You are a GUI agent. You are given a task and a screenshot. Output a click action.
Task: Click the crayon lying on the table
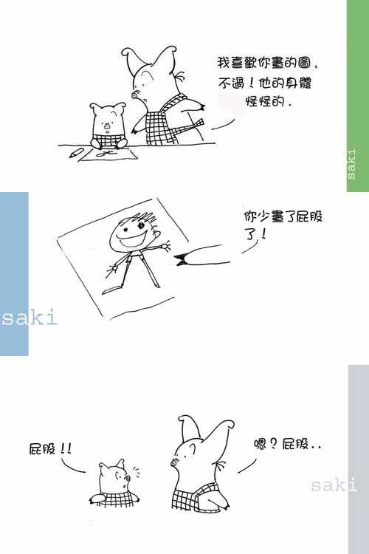(x=77, y=153)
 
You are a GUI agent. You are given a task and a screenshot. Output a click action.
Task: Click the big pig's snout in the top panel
(x=135, y=95)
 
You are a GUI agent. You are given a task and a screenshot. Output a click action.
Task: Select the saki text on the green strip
(x=352, y=164)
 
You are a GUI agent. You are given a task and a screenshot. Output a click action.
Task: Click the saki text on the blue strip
(x=29, y=318)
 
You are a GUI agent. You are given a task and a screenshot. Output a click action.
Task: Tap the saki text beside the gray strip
(x=334, y=484)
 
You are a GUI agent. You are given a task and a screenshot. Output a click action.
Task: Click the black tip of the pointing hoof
(x=181, y=260)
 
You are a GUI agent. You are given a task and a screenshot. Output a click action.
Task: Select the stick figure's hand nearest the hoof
(x=165, y=245)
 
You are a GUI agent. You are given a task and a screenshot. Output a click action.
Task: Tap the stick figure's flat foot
(x=111, y=290)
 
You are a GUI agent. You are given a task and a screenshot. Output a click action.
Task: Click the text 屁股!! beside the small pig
(x=50, y=449)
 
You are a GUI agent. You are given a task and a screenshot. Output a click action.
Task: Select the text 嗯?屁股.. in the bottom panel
(x=287, y=444)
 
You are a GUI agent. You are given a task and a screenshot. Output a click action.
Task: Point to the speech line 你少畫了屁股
(x=283, y=216)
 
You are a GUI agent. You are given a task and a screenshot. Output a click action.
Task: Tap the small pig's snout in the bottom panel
(x=127, y=479)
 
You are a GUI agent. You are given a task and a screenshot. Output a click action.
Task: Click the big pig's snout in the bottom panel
(x=174, y=462)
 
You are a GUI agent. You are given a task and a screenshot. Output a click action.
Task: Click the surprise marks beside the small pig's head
(x=136, y=471)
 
